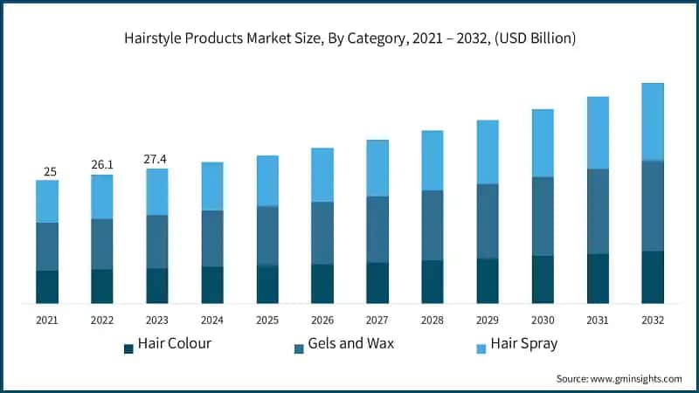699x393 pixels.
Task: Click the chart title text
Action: [x=349, y=39]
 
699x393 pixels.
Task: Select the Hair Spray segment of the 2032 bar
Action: [x=653, y=121]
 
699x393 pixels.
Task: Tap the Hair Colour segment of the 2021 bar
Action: [x=47, y=286]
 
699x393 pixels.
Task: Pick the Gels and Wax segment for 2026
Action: [x=322, y=233]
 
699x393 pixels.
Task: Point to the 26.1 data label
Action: [x=102, y=165]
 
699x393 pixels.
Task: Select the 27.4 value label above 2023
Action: [x=157, y=159]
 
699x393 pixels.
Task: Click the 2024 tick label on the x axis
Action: [x=212, y=321]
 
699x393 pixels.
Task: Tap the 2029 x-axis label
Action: [x=488, y=321]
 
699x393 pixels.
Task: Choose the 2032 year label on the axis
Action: [x=653, y=321]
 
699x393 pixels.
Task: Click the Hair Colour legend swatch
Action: [x=129, y=348]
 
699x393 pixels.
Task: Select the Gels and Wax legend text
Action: [x=353, y=343]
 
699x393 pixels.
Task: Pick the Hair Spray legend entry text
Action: [x=523, y=343]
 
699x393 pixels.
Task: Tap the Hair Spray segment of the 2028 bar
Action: [x=433, y=161]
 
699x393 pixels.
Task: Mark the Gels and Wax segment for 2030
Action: [x=543, y=217]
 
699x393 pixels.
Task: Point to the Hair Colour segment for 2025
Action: [x=267, y=284]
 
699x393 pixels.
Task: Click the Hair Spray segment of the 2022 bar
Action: [x=102, y=196]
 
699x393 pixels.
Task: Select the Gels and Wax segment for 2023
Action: [x=157, y=242]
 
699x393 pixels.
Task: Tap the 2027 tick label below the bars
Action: [x=377, y=321]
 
